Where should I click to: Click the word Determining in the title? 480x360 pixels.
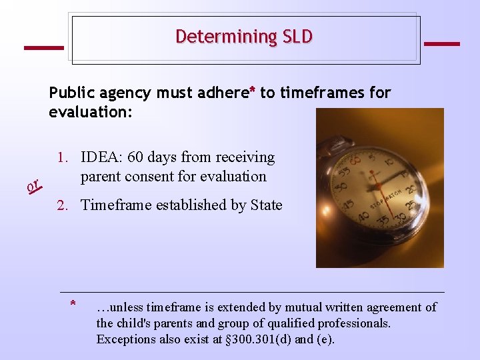coord(224,37)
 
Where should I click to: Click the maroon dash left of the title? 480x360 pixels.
coord(44,47)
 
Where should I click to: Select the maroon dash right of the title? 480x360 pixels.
coord(441,43)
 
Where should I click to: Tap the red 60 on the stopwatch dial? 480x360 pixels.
coord(355,160)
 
